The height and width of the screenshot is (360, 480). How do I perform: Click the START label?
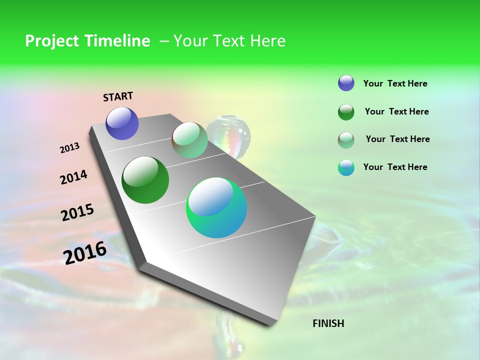click(x=118, y=96)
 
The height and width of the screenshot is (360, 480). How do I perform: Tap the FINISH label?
click(x=328, y=323)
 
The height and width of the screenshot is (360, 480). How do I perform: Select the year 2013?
click(x=69, y=148)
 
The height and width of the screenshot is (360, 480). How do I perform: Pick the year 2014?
click(x=73, y=177)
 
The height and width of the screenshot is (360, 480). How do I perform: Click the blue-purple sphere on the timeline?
click(x=122, y=123)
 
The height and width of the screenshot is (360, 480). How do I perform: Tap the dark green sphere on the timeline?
click(x=145, y=180)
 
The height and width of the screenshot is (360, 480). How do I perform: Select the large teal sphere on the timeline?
click(x=216, y=207)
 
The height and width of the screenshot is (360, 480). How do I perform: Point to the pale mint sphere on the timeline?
click(x=189, y=140)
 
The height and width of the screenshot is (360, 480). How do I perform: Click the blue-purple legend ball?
click(x=346, y=83)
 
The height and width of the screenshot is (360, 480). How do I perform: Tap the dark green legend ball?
click(x=346, y=112)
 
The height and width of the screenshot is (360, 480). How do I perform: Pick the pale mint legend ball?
click(x=346, y=140)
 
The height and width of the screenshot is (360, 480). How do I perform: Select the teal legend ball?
click(x=346, y=168)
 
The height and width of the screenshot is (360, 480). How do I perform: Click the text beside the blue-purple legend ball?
click(x=395, y=83)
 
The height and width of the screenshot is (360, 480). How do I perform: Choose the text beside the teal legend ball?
click(x=395, y=167)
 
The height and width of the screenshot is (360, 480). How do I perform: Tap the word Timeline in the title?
click(x=117, y=41)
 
